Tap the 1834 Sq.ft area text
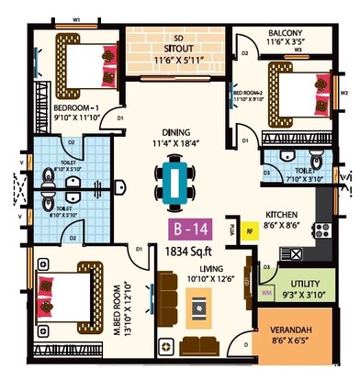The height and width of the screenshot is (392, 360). pos(188,250)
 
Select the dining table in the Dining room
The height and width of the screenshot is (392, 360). pos(174,181)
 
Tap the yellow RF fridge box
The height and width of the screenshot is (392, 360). pos(250,231)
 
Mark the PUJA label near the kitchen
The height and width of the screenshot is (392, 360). pos(232,230)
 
